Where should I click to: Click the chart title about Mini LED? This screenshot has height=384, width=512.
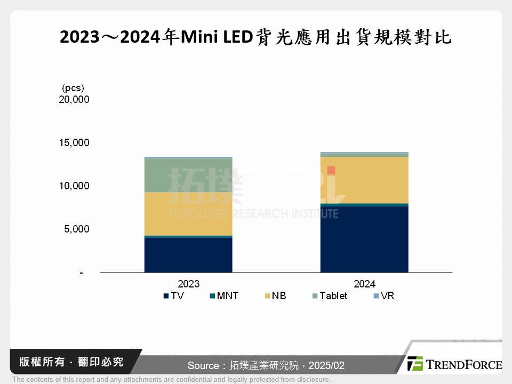(x=255, y=37)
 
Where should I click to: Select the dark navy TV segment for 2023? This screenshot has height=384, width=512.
(x=188, y=255)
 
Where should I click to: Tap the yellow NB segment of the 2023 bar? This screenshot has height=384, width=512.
(x=188, y=213)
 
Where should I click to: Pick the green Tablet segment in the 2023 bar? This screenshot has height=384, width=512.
(x=188, y=175)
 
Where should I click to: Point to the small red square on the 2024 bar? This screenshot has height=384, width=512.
(x=331, y=171)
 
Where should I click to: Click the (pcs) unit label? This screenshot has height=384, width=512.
(x=73, y=87)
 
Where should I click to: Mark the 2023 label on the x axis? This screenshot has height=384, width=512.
(x=188, y=284)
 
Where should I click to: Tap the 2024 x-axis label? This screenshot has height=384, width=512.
(x=364, y=284)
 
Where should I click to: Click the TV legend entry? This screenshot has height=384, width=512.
(x=174, y=295)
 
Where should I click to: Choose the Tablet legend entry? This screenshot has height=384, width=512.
(x=329, y=295)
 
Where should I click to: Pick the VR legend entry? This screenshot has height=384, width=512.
(x=383, y=295)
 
